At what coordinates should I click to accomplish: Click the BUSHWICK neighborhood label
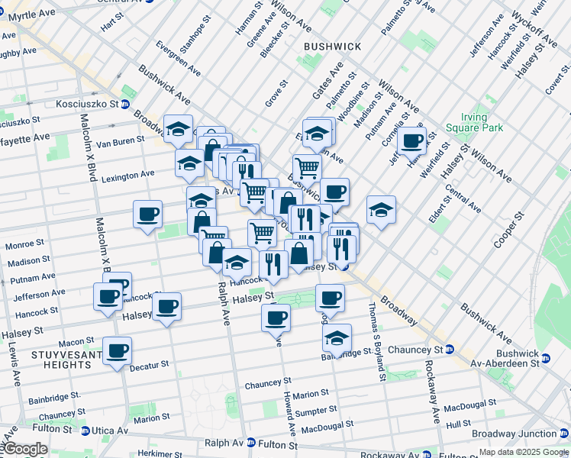[332, 47]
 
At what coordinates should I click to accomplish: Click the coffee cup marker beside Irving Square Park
[412, 140]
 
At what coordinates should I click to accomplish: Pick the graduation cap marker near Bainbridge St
[336, 337]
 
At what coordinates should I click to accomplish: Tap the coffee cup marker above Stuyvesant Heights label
[117, 350]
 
